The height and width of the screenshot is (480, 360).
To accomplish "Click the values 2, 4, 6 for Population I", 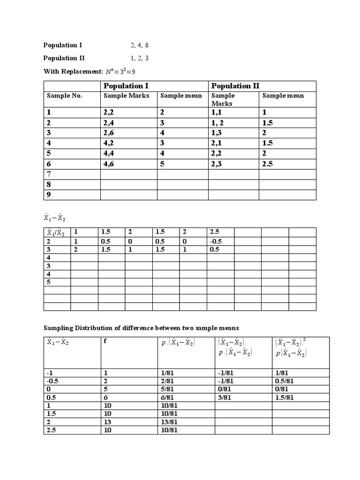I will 140,45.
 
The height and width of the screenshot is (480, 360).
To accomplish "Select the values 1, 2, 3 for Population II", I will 140,59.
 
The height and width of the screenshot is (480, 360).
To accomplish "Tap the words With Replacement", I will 73,72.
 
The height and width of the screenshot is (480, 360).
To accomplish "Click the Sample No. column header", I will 64,96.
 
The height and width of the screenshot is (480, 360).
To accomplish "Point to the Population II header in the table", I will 235,86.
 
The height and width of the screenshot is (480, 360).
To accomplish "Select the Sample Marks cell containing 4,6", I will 110,164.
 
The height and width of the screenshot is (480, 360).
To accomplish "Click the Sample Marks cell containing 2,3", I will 218,164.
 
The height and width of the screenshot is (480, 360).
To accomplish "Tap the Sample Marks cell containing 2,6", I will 110,133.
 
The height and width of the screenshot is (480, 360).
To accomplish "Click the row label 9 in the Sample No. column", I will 49,195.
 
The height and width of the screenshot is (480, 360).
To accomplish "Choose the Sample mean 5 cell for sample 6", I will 163,164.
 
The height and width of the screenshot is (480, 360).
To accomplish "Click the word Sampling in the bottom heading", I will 59,328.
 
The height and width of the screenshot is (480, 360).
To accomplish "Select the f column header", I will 105,341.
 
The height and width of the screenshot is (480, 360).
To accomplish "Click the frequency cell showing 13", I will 107,422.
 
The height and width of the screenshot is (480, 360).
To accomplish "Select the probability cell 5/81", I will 167,389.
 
